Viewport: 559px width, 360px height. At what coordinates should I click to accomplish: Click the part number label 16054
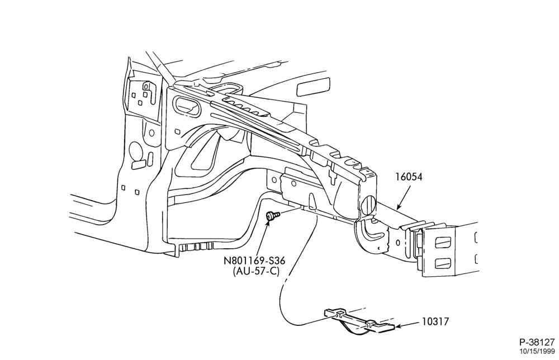click(x=409, y=177)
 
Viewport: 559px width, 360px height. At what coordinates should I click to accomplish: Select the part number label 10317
click(x=435, y=321)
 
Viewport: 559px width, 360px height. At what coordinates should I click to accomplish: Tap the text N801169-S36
click(x=254, y=261)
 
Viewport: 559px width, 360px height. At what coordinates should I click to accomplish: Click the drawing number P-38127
click(x=537, y=343)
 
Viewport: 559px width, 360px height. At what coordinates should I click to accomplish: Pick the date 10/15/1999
click(x=537, y=352)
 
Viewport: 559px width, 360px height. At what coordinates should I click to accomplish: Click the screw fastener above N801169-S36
click(x=272, y=216)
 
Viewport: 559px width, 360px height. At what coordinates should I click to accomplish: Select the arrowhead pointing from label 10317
click(x=399, y=326)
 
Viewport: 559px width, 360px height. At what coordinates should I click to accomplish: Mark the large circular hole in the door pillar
click(x=135, y=150)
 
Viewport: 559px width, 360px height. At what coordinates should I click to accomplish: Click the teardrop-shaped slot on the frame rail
click(x=312, y=200)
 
